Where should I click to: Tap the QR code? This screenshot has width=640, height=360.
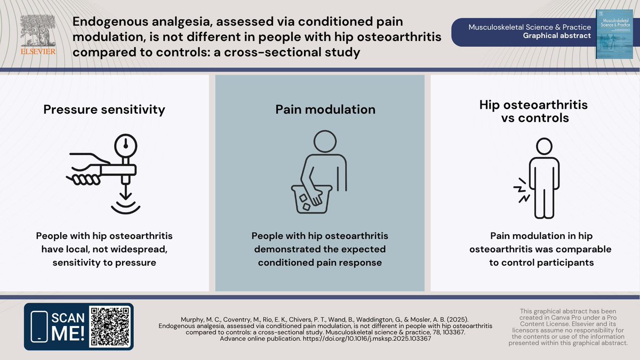tap(110, 326)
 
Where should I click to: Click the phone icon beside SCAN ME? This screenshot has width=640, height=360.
tap(39, 326)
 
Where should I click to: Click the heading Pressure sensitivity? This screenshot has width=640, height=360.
tap(104, 109)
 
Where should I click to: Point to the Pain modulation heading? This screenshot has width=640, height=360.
tap(325, 109)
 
